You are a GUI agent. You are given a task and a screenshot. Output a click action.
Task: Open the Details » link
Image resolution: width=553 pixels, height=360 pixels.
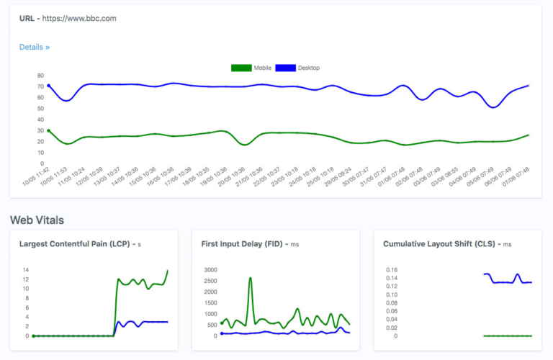click(x=35, y=48)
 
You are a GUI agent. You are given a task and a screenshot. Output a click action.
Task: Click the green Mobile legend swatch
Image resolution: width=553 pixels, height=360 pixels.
click(x=240, y=68)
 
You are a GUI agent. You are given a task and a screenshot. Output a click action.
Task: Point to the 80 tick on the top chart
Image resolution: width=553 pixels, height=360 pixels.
click(x=40, y=75)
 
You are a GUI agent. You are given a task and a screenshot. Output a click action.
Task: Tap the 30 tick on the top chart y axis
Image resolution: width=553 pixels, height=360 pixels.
click(x=40, y=130)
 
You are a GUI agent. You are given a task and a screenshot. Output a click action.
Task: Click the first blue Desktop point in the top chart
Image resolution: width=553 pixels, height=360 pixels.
click(x=48, y=86)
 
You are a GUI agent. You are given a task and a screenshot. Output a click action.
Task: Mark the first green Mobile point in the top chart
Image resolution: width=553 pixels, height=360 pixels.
click(x=48, y=131)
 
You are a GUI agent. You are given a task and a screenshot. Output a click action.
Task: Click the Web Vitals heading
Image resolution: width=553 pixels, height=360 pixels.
click(x=37, y=219)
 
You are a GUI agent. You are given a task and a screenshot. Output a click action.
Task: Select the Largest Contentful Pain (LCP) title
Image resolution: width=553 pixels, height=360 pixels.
click(x=74, y=244)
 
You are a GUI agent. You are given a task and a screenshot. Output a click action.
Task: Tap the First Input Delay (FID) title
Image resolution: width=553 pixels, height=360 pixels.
click(x=245, y=244)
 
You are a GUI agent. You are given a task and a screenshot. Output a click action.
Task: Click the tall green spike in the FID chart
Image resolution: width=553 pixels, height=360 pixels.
click(x=251, y=279)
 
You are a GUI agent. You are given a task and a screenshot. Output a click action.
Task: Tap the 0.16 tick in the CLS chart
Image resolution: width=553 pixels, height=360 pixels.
click(x=391, y=270)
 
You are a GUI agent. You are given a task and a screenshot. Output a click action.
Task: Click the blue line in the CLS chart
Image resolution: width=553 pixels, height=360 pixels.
click(x=504, y=282)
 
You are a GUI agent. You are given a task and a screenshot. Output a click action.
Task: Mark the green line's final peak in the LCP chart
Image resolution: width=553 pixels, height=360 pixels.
click(x=168, y=271)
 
